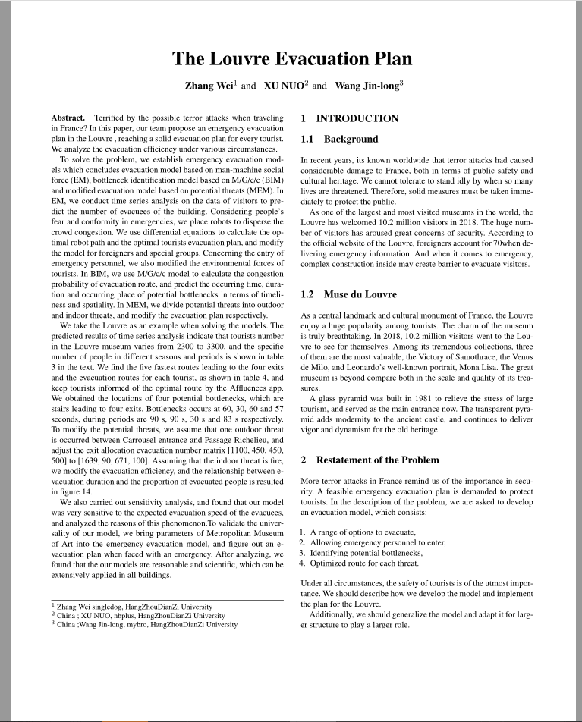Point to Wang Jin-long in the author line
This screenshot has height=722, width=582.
tap(367, 86)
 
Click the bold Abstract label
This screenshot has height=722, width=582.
tap(68, 119)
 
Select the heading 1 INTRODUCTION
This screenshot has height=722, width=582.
tap(349, 119)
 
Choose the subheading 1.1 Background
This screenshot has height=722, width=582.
tap(339, 140)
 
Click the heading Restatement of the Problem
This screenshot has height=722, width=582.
tap(370, 460)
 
